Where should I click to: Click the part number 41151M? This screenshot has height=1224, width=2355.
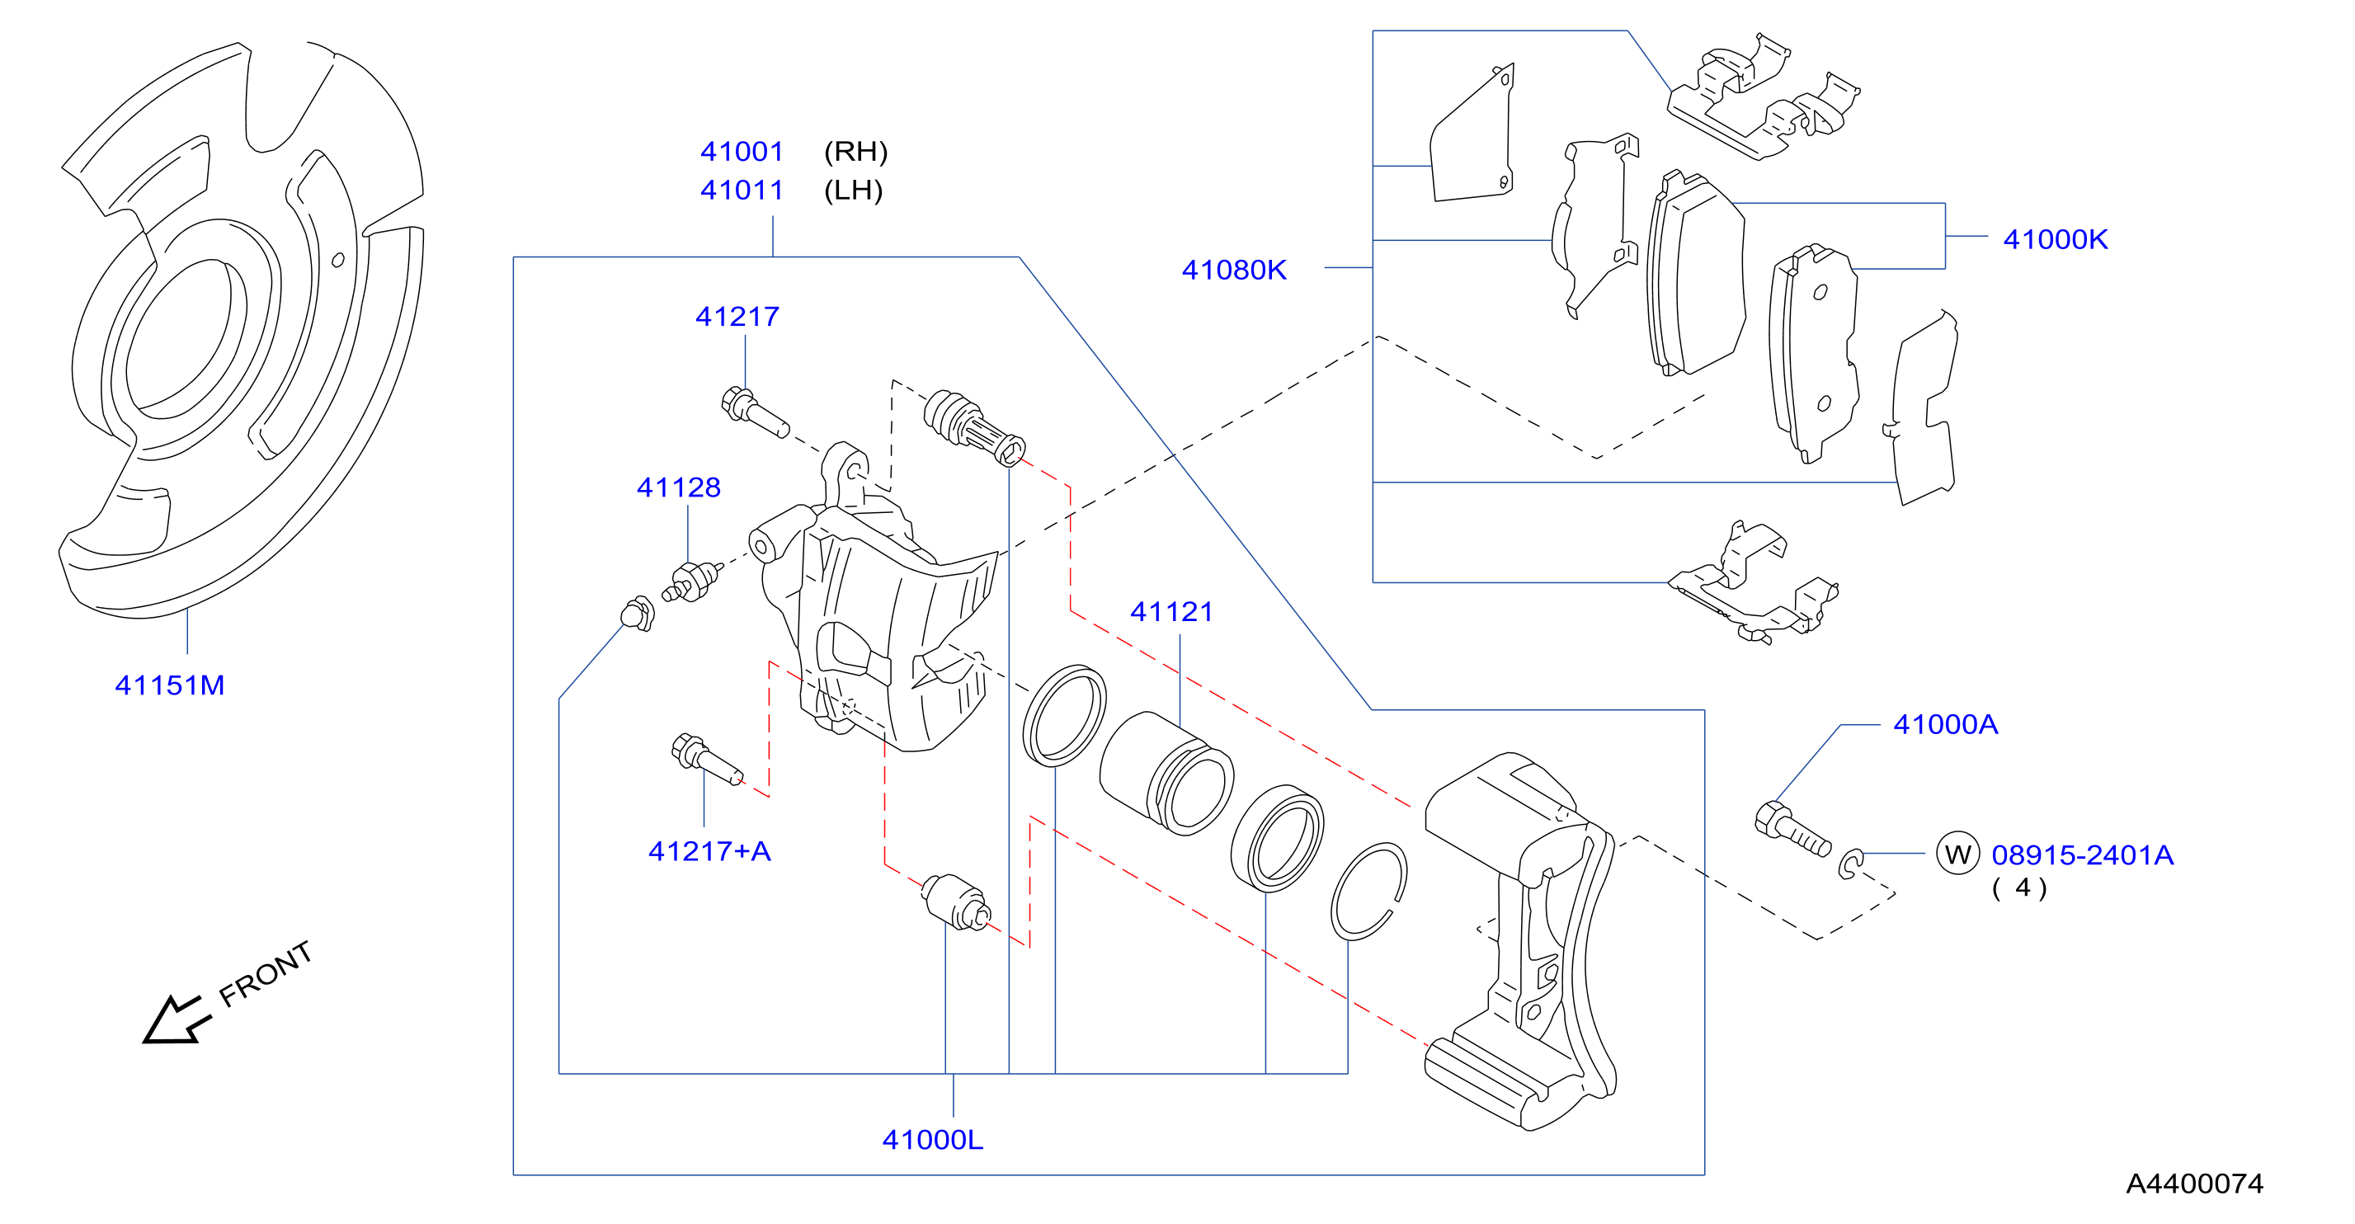[169, 685]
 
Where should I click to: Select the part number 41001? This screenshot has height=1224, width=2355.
[742, 151]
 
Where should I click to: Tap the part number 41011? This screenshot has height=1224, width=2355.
[742, 191]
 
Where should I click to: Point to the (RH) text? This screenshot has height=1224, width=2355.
[855, 151]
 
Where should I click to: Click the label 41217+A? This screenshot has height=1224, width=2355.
[709, 851]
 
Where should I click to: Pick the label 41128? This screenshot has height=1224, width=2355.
[678, 487]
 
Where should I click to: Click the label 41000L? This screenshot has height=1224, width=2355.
[932, 1140]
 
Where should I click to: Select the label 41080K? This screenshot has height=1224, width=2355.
[1234, 270]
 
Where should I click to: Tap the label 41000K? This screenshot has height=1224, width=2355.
[2055, 239]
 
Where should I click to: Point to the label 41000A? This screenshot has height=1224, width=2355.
[1945, 725]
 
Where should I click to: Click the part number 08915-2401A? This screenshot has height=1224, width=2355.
[2083, 855]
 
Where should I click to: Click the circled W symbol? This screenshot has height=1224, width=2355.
[1957, 854]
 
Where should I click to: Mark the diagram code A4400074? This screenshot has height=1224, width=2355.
[2194, 1184]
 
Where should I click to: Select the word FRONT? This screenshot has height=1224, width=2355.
[265, 974]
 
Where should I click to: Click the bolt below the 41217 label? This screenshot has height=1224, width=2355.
[754, 414]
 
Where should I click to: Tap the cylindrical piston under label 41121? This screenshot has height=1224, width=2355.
[1166, 773]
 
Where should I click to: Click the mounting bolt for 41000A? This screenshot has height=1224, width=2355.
[1792, 830]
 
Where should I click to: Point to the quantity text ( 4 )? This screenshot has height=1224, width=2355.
[2019, 887]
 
